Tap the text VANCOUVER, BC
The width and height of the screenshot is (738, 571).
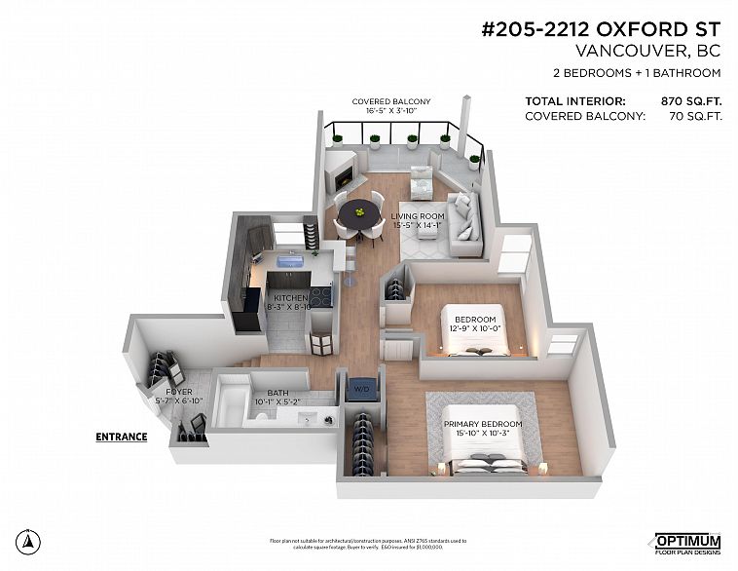tap(647, 51)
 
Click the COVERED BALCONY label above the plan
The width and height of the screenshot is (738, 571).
tap(390, 101)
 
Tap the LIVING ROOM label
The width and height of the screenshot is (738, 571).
tap(418, 216)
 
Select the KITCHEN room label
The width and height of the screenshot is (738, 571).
tap(290, 297)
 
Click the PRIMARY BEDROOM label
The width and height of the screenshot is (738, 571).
tap(483, 424)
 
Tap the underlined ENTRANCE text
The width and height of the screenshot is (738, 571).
tap(121, 437)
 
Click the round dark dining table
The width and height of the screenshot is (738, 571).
tap(361, 211)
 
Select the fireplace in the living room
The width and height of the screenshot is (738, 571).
tap(343, 178)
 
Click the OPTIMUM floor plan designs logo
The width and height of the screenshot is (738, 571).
tap(686, 543)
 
